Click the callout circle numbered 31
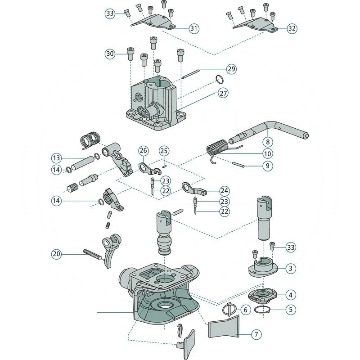point(194,28)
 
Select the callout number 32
point(292,28)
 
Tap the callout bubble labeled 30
point(110,54)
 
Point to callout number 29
point(231,69)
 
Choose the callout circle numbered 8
point(267,141)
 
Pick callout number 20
point(56,254)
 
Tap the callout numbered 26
point(143,150)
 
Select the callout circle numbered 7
point(256,334)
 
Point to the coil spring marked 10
point(217,148)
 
